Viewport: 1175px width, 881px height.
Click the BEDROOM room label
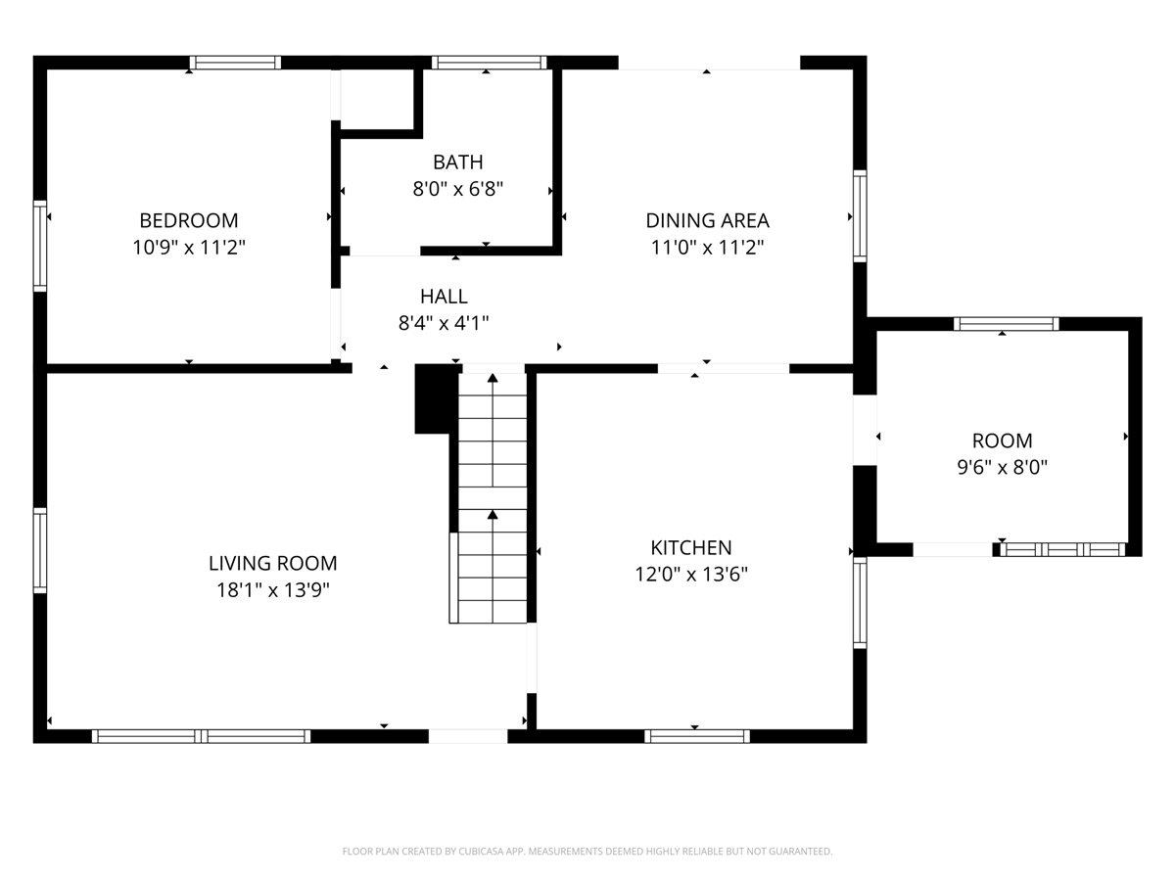point(188,220)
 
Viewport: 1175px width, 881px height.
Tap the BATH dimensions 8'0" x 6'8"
point(457,189)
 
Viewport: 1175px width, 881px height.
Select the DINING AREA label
point(707,220)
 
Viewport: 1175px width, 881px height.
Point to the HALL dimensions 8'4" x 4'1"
point(444,323)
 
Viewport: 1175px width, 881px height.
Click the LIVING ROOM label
point(273,563)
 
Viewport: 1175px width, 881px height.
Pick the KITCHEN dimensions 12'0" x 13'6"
point(691,575)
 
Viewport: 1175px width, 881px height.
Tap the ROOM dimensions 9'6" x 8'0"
point(1002,467)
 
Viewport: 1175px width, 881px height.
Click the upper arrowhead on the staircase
point(493,378)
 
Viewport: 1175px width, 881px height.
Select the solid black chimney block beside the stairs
point(436,398)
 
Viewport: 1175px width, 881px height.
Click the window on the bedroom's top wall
point(236,63)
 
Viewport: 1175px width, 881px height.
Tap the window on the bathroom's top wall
point(490,63)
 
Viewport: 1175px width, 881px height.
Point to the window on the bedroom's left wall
point(40,246)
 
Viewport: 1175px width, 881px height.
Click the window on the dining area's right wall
point(860,216)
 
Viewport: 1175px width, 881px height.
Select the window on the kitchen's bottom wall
point(697,736)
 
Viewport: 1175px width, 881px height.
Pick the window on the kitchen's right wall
point(860,603)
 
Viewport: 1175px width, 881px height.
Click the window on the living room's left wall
point(40,550)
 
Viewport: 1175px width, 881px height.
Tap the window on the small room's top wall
point(1007,324)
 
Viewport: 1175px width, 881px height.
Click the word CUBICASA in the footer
point(480,851)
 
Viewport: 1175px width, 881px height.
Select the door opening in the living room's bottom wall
point(468,736)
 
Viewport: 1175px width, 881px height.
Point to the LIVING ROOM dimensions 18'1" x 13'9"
point(273,590)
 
